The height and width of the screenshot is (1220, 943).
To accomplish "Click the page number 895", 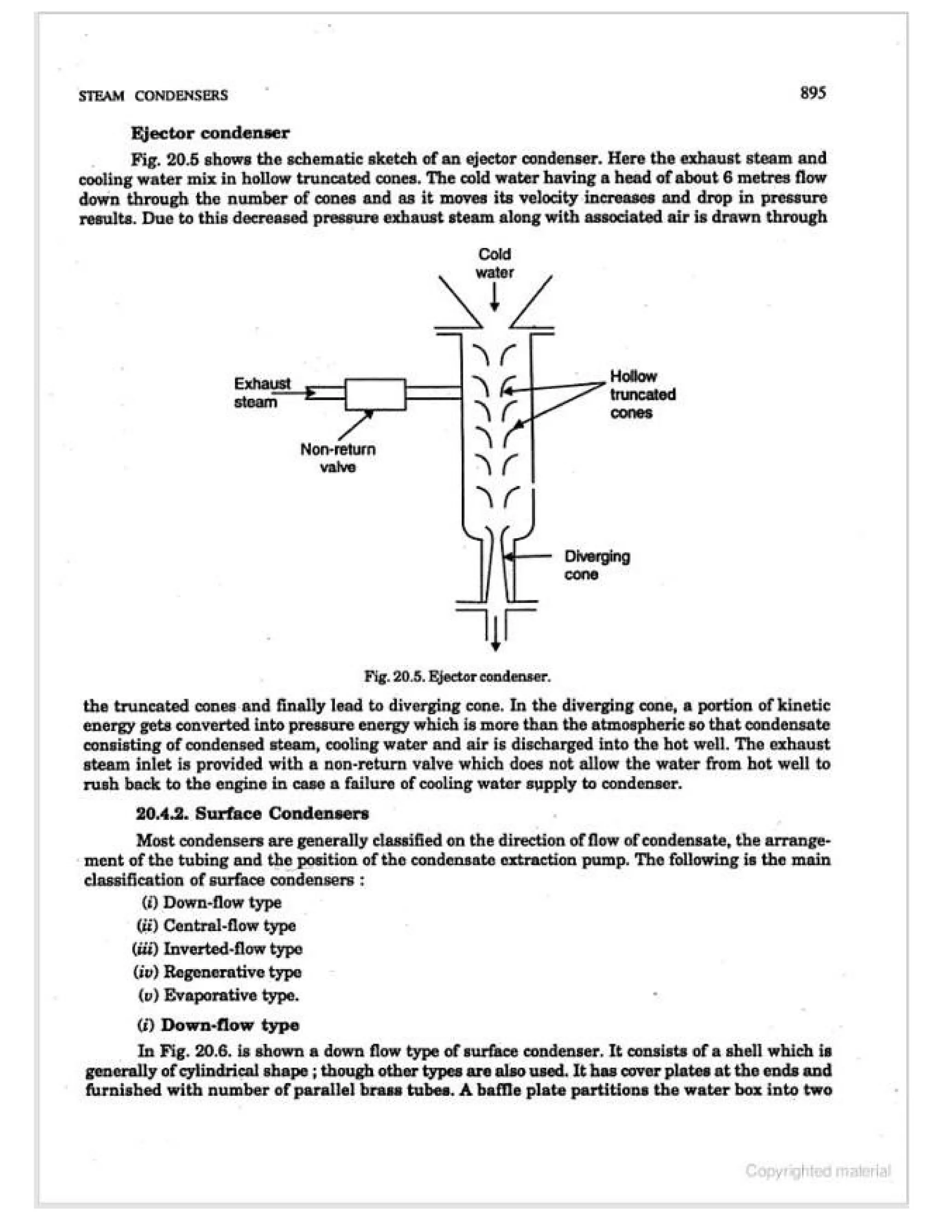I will click(812, 93).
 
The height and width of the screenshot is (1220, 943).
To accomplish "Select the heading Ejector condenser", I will click(210, 133).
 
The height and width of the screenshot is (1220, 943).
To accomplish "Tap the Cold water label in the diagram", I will click(495, 264).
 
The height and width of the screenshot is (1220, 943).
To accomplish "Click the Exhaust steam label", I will click(262, 393).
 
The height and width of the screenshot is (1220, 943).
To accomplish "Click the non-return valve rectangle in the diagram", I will click(375, 395).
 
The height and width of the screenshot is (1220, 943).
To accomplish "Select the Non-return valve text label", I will click(338, 458).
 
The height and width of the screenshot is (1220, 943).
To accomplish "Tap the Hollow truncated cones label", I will click(642, 395).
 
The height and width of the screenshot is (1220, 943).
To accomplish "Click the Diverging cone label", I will click(597, 565).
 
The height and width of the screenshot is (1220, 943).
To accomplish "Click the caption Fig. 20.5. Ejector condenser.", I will click(458, 677).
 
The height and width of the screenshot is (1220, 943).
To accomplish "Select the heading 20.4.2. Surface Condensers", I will click(252, 813).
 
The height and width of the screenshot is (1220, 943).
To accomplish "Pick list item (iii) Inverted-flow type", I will click(217, 948).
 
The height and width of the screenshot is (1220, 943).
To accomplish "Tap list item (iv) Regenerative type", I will click(217, 972).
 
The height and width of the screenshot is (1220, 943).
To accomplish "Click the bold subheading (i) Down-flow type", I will click(218, 1024).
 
